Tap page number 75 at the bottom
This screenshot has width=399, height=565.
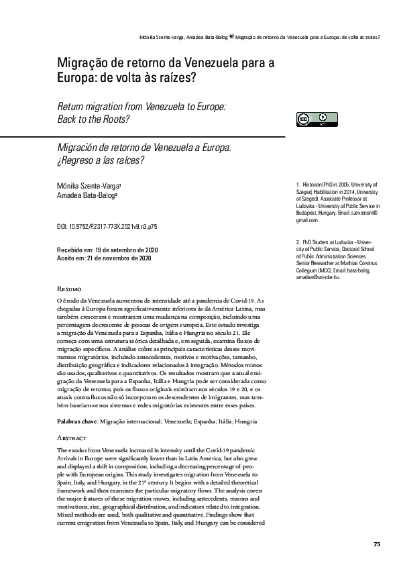coord(377,543)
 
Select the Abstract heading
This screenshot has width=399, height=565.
coord(72,418)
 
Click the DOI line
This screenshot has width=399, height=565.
coord(107,227)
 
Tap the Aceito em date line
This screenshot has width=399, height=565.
coord(103,258)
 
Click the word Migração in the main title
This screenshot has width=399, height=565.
coord(85,62)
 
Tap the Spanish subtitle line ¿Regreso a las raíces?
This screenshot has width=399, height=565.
coord(101,160)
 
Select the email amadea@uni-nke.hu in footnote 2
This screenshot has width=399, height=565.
coord(318,277)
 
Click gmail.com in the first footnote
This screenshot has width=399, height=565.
coord(307,220)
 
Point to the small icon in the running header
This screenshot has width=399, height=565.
coord(231,36)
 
